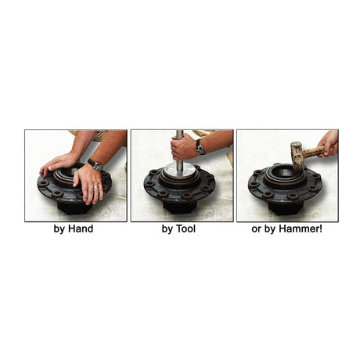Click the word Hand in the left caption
coord(81,229)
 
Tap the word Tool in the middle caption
coord(185,229)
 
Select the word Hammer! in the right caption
coord(301,229)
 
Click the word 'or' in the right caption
coord(257,230)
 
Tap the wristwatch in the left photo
coord(95,164)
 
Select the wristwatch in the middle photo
coord(200,147)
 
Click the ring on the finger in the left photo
coord(96,187)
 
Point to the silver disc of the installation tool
coord(178,172)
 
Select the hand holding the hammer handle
coord(328,143)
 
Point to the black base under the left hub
coord(72,208)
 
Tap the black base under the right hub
coord(286,207)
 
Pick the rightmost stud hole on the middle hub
coord(209,177)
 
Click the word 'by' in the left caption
coord(59,229)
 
